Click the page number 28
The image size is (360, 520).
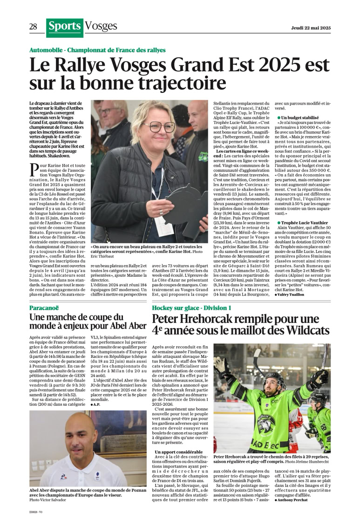33,27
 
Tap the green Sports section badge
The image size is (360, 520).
65,27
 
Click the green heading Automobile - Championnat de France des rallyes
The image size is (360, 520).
97,50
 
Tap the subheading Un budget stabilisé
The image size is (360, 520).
299,118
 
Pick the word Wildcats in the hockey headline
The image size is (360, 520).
306,331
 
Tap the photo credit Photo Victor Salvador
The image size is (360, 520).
48,499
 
